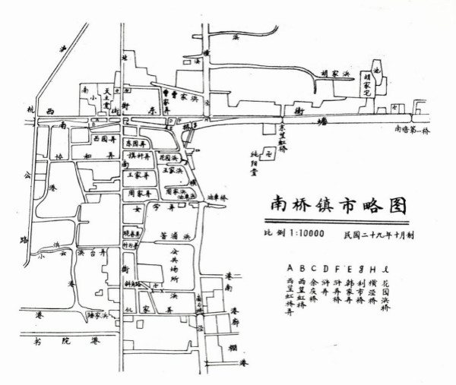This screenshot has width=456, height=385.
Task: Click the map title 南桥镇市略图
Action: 334,205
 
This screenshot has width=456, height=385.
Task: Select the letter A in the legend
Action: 289,267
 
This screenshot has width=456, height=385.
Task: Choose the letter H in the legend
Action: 372,267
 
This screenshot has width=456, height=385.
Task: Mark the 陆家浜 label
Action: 100,313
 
